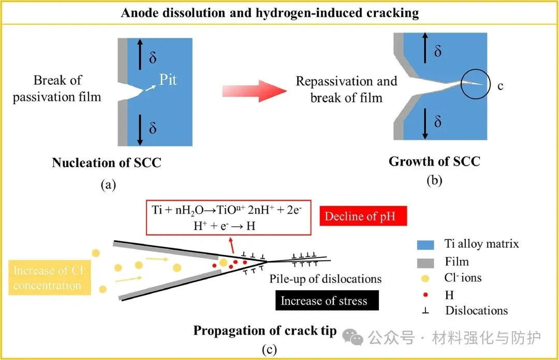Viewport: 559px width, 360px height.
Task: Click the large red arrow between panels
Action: (255, 91)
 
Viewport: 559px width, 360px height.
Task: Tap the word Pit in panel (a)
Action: (168, 80)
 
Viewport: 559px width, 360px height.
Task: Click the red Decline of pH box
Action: (363, 216)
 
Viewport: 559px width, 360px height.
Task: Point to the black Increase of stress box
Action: (327, 301)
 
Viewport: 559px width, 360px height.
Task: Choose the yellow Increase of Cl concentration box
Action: (50, 278)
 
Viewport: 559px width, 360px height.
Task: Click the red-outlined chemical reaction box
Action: (229, 217)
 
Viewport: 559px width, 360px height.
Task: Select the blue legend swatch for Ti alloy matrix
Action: (425, 245)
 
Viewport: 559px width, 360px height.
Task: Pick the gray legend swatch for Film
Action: (425, 263)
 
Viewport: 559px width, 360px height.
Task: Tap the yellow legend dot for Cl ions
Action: (425, 278)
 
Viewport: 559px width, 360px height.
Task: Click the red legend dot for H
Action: (425, 295)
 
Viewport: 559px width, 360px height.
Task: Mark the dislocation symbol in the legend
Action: (425, 311)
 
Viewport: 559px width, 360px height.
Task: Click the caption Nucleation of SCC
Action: (107, 162)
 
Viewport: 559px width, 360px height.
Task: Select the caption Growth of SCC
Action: (434, 161)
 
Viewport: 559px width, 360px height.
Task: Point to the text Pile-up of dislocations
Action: (326, 279)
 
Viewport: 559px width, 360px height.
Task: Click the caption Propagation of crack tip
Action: (265, 331)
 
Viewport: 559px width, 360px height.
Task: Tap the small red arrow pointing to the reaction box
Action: (232, 245)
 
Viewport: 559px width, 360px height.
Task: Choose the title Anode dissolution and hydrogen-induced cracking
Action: (270, 13)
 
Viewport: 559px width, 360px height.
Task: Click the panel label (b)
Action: (434, 181)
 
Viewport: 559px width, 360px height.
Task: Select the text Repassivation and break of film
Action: (346, 89)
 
